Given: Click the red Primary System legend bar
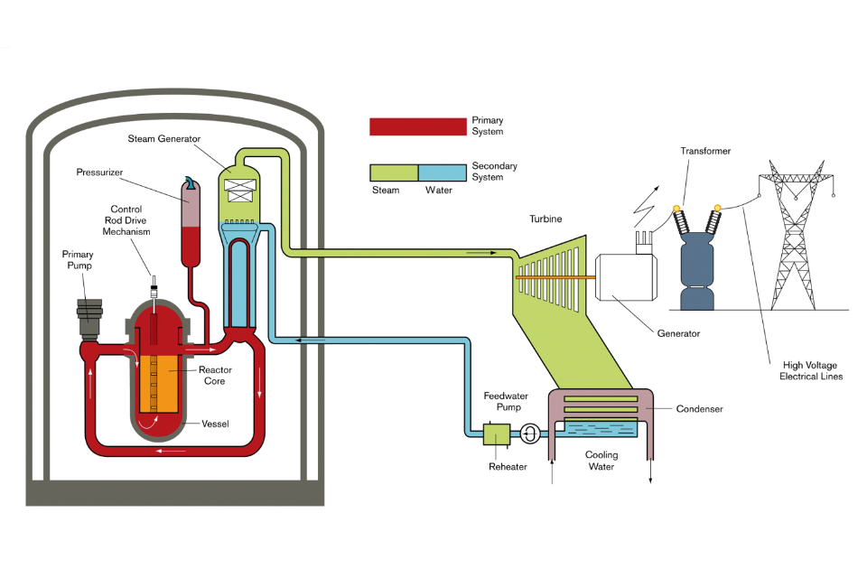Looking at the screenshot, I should [x=416, y=126].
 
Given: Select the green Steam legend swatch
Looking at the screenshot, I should [x=394, y=172].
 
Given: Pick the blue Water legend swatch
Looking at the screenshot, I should [x=441, y=172].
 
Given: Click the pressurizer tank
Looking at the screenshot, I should [x=191, y=221].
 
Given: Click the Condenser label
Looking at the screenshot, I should [x=700, y=409].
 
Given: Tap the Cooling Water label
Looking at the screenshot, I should [x=601, y=461].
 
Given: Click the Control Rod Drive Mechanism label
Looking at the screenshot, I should [x=126, y=220].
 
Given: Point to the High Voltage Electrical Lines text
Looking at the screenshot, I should [x=811, y=370].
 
